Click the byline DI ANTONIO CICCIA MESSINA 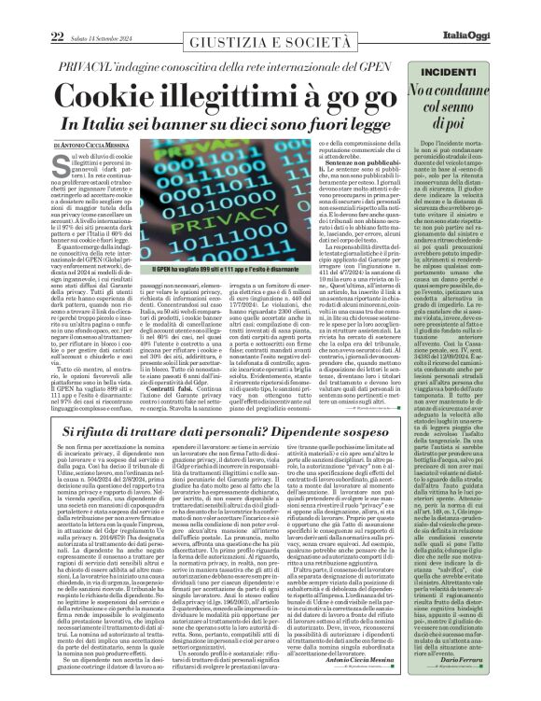pos(102,147)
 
